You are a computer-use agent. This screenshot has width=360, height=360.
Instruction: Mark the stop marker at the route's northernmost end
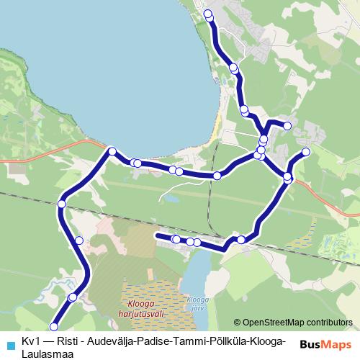click(x=208, y=14)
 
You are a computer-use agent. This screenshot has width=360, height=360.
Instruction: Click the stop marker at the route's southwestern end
click(x=53, y=326)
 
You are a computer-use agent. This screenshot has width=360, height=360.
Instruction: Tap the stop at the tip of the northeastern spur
click(x=306, y=152)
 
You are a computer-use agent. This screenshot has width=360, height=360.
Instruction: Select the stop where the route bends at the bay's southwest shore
click(x=112, y=151)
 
